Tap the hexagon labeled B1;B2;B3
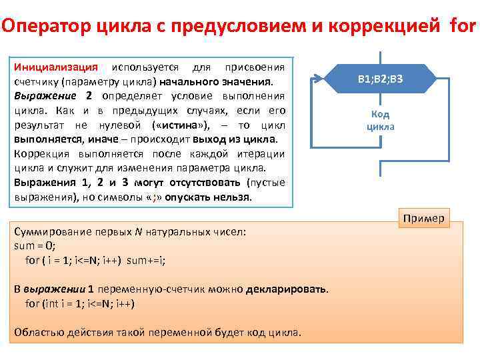(x=380, y=80)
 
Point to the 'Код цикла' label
(x=380, y=120)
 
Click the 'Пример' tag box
(x=424, y=218)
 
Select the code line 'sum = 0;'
(x=33, y=246)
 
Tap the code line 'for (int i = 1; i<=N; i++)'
(x=80, y=303)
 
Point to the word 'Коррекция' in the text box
(x=41, y=153)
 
